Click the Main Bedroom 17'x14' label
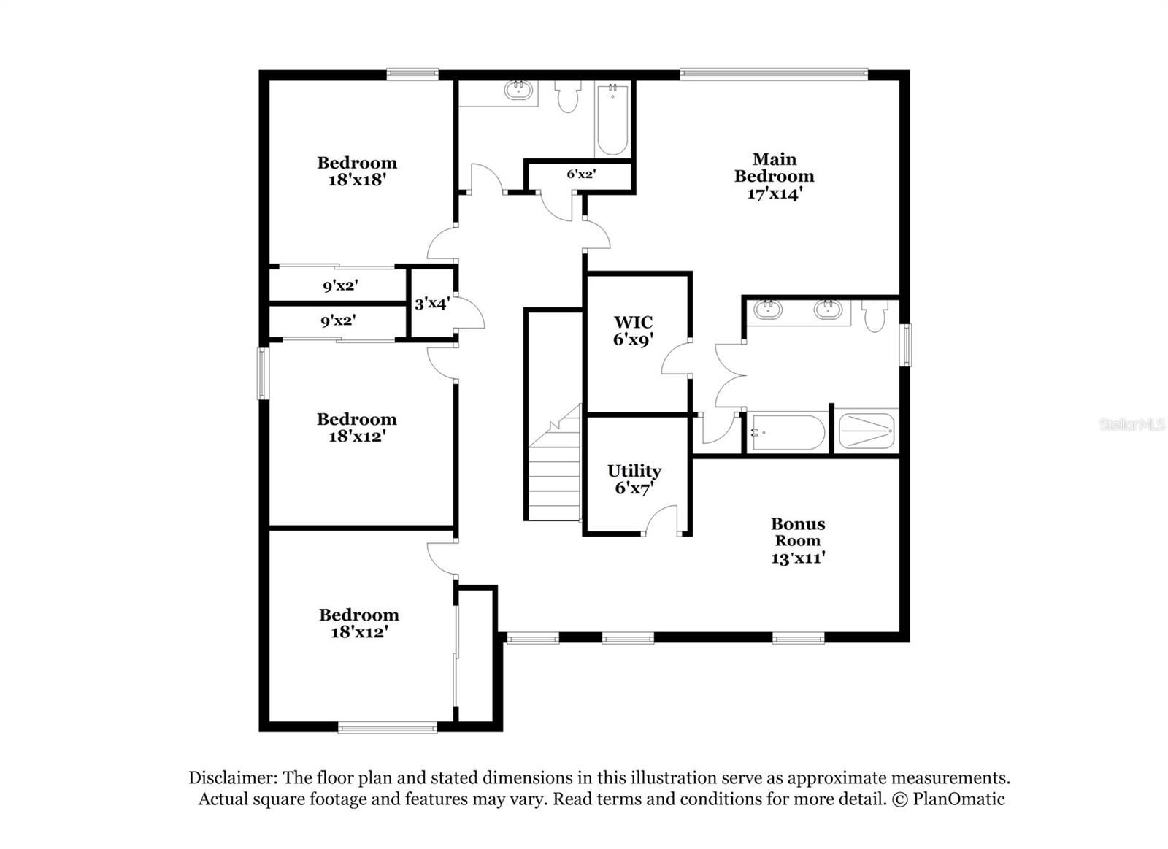pos(774,176)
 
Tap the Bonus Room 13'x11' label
pos(797,541)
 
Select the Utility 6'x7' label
pos(634,480)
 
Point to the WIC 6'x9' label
pos(633,330)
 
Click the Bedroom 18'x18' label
pos(356,172)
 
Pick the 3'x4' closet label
pos(431,303)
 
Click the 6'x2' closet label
pos(581,174)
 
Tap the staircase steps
pos(555,475)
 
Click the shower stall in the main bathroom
pos(866,431)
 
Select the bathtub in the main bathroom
pos(787,433)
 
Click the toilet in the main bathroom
pos(874,315)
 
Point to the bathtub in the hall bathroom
pos(612,120)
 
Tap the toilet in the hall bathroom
pos(567,96)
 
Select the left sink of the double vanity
pos(768,310)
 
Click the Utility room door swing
pos(661,521)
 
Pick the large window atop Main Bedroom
pos(773,73)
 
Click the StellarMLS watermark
pos(1131,424)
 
